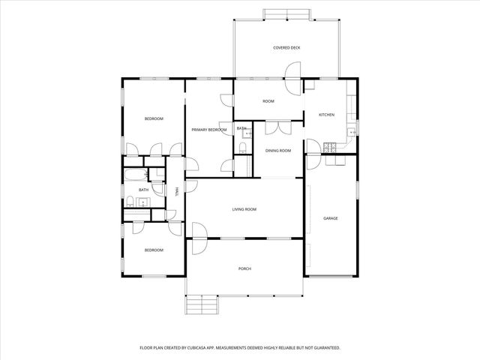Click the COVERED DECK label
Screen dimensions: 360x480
(x=286, y=48)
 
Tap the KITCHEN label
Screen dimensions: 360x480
(x=326, y=115)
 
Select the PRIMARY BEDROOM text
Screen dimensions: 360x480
(x=208, y=130)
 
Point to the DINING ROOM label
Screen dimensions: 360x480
(x=278, y=151)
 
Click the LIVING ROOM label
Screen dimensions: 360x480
(x=244, y=209)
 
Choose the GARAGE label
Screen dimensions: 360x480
(x=330, y=218)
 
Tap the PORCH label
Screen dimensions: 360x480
(x=244, y=268)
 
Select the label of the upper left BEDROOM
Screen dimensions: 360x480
(x=154, y=118)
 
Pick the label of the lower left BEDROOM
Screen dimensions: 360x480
(x=154, y=250)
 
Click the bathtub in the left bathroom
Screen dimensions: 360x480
(x=136, y=176)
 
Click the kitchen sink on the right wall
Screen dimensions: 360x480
(x=353, y=132)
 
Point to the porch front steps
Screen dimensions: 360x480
(x=201, y=304)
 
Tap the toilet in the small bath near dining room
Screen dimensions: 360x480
(x=248, y=134)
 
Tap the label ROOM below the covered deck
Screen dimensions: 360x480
(x=268, y=101)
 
